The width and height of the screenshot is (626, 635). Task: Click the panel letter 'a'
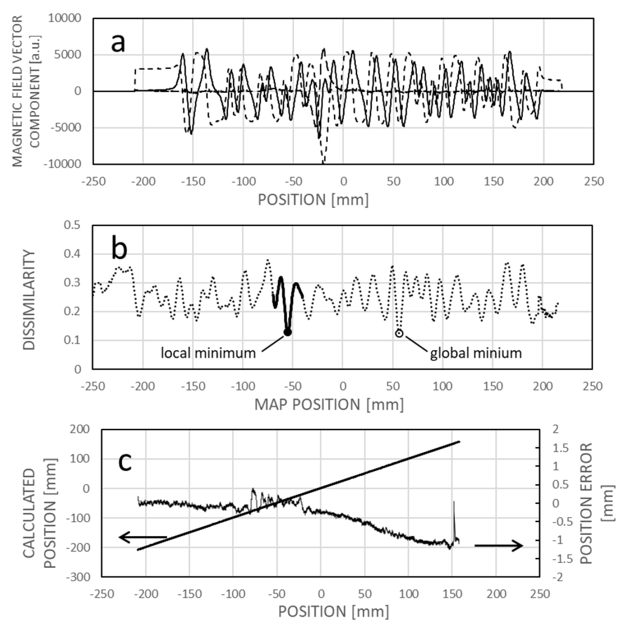pyautogui.click(x=118, y=44)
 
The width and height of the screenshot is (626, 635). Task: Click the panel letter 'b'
pyautogui.click(x=119, y=249)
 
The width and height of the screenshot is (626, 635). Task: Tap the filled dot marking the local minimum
pyautogui.click(x=288, y=332)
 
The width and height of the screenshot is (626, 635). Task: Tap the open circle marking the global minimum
pyautogui.click(x=399, y=333)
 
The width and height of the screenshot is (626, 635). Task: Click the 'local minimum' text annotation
pyautogui.click(x=208, y=353)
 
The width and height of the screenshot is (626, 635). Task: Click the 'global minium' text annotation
pyautogui.click(x=476, y=353)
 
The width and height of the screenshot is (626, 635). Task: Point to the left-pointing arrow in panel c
pyautogui.click(x=142, y=537)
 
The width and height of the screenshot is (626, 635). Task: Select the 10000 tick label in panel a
pyautogui.click(x=64, y=18)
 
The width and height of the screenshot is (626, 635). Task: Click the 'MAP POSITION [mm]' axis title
pyautogui.click(x=329, y=405)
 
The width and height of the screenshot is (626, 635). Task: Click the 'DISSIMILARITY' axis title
pyautogui.click(x=30, y=300)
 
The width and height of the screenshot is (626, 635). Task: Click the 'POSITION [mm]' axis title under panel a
pyautogui.click(x=313, y=200)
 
